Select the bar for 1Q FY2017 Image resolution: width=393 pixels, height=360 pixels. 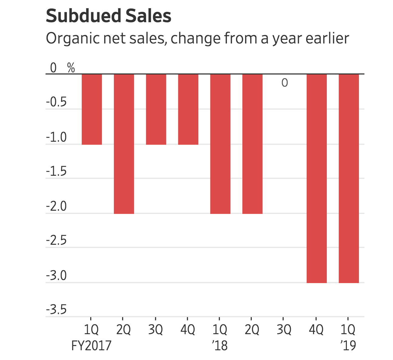92,109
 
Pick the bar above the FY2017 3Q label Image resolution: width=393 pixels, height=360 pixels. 156,109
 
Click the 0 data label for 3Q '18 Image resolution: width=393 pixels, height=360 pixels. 284,83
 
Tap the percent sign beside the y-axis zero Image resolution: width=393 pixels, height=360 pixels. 71,68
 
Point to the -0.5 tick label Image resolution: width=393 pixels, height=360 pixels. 56,102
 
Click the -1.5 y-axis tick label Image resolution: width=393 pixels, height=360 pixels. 56,172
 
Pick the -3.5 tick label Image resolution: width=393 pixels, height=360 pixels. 56,310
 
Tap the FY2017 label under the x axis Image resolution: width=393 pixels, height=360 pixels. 91,346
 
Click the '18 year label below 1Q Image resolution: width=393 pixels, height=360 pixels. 220,346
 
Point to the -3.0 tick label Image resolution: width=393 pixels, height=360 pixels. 56,276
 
